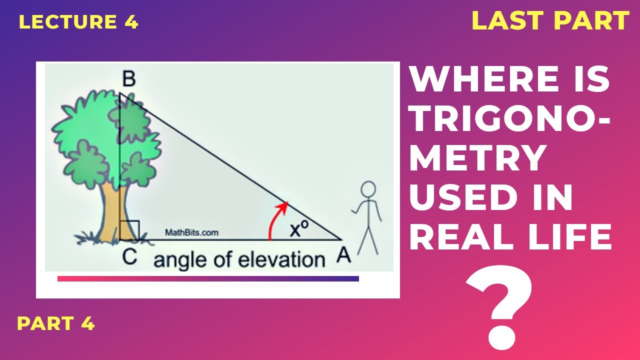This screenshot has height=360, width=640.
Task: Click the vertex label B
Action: (128, 79)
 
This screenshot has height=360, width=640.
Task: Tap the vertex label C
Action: (129, 256)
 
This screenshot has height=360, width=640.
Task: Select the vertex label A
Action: (343, 255)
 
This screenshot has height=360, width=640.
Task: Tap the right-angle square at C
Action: (129, 230)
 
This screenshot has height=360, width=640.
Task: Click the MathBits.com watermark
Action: (191, 232)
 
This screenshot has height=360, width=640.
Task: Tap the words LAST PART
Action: (550, 21)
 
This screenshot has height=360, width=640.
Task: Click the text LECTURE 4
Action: (78, 22)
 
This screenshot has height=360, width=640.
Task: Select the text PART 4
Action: (56, 324)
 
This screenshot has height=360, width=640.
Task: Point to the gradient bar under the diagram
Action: (208, 278)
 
